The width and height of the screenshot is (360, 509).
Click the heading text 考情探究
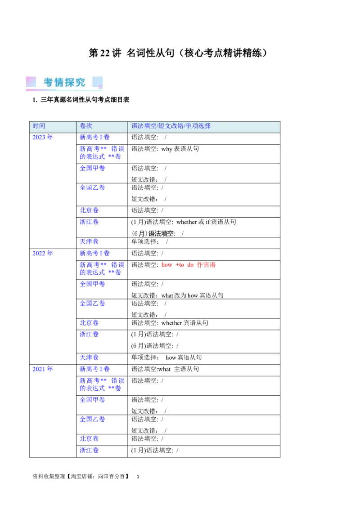point(64,82)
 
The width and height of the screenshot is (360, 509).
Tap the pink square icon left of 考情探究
point(31,82)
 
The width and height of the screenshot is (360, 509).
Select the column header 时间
point(39,126)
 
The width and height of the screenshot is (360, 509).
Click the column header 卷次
point(86,126)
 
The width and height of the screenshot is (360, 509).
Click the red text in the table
point(188,265)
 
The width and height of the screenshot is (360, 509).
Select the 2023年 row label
point(43,137)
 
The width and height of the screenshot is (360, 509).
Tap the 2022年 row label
point(43,254)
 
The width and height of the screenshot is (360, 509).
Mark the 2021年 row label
point(43,370)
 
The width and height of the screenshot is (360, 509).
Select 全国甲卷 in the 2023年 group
point(92,168)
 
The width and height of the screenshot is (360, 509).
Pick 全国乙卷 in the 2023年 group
point(92,187)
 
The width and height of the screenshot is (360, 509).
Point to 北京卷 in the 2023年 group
point(89,210)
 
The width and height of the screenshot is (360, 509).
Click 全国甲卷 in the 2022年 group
point(92,284)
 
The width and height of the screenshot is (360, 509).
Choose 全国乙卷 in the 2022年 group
point(92,304)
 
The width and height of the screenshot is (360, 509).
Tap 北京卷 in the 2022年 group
point(89,323)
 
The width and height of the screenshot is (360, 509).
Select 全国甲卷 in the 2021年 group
point(92,400)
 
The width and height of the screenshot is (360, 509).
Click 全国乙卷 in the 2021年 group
point(92,419)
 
